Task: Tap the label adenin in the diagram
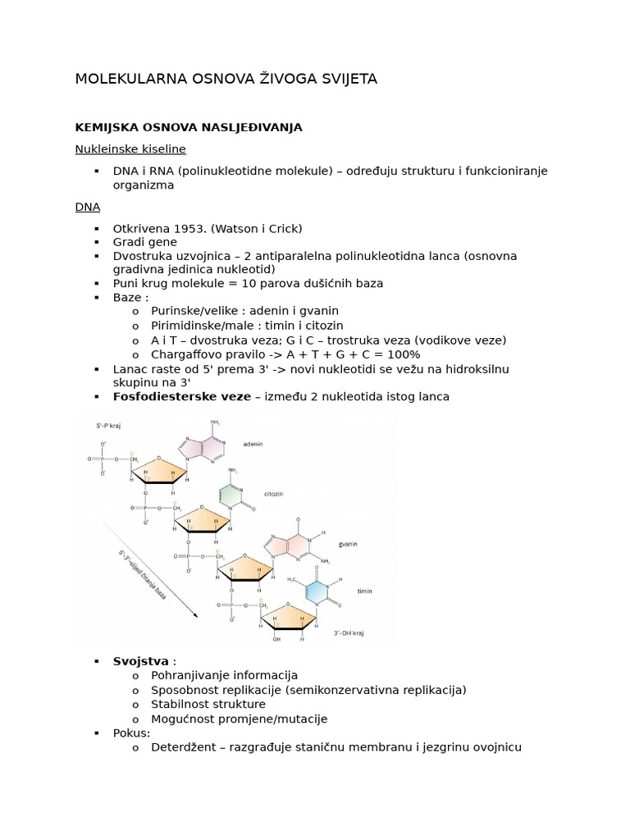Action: (253, 443)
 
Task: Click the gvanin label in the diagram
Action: (348, 544)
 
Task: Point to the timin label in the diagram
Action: (364, 591)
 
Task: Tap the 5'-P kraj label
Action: (109, 427)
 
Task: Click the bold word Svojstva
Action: (140, 661)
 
